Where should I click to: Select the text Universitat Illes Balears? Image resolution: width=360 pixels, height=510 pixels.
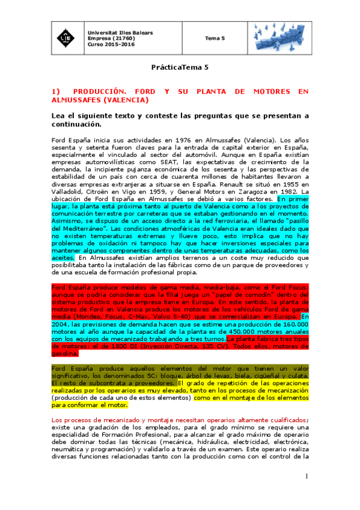click(x=119, y=32)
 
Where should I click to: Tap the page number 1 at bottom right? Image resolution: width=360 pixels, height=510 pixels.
click(x=306, y=477)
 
